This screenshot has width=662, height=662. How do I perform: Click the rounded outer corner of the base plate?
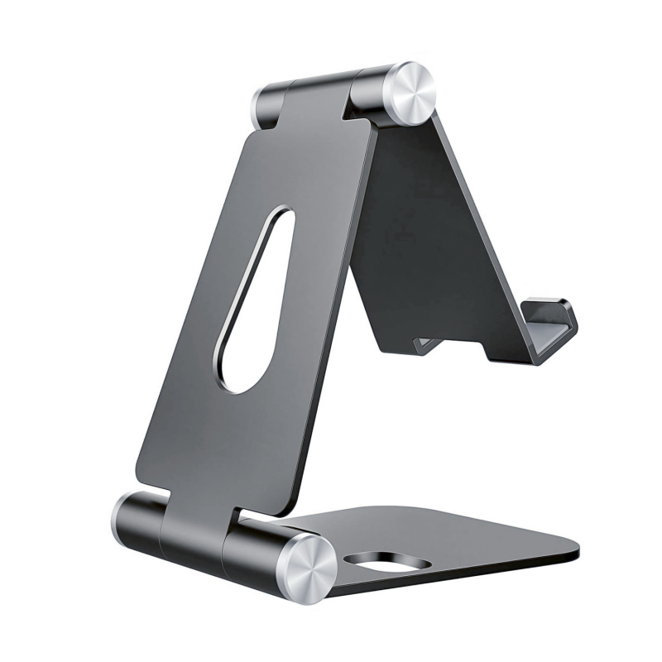[571, 550]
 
